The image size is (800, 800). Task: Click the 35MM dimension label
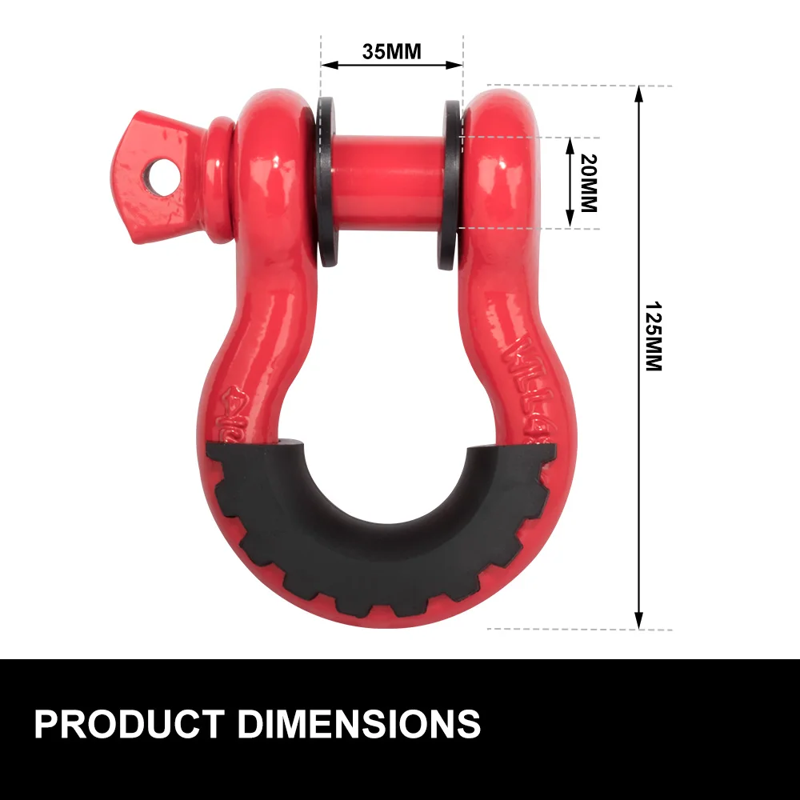[x=391, y=52]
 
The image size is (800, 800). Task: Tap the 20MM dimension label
[x=589, y=182]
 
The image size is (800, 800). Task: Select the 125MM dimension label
[x=654, y=337]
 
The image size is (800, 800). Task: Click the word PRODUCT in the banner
[x=127, y=724]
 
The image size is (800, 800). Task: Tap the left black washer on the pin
[x=327, y=183]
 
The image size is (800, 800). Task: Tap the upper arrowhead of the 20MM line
[x=570, y=143]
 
